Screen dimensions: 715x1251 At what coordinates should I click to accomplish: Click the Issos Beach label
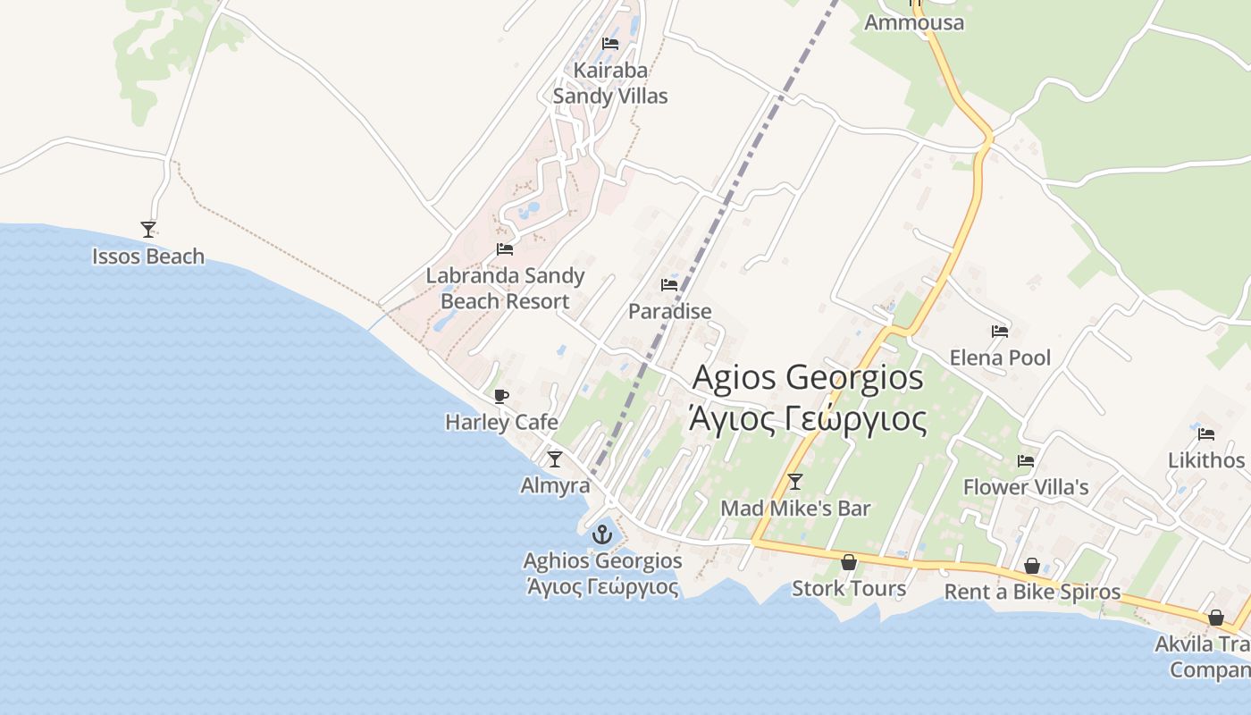[148, 257]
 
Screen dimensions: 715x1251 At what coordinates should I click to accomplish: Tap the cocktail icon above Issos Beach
[148, 230]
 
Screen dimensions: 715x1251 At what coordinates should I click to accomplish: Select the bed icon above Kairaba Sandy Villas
[610, 43]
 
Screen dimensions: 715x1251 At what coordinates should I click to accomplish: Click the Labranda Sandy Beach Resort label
[505, 288]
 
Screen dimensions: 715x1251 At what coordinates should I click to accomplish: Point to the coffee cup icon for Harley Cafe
[501, 396]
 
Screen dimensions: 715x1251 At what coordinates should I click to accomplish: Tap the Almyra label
[555, 485]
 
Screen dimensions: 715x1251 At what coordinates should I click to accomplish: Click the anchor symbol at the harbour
[602, 534]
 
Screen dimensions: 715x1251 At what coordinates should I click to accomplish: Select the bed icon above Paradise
[669, 285]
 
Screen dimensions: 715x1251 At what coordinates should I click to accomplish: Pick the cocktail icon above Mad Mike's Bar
[795, 482]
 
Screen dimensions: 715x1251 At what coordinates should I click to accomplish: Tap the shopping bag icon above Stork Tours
[849, 562]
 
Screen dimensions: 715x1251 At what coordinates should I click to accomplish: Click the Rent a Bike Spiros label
[1032, 592]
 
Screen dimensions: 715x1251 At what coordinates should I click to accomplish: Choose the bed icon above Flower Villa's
[1026, 461]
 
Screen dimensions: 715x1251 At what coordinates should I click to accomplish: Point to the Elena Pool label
[1000, 358]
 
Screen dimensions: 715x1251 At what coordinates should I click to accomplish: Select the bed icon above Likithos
[1206, 434]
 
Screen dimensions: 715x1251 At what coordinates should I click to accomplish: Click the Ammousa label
[914, 22]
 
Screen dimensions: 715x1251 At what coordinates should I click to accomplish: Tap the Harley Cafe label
[501, 422]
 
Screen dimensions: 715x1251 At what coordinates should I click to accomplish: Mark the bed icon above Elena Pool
[1000, 332]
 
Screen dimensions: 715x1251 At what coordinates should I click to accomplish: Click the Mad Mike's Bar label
[795, 509]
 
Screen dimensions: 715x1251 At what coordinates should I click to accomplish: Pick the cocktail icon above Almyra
[555, 459]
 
